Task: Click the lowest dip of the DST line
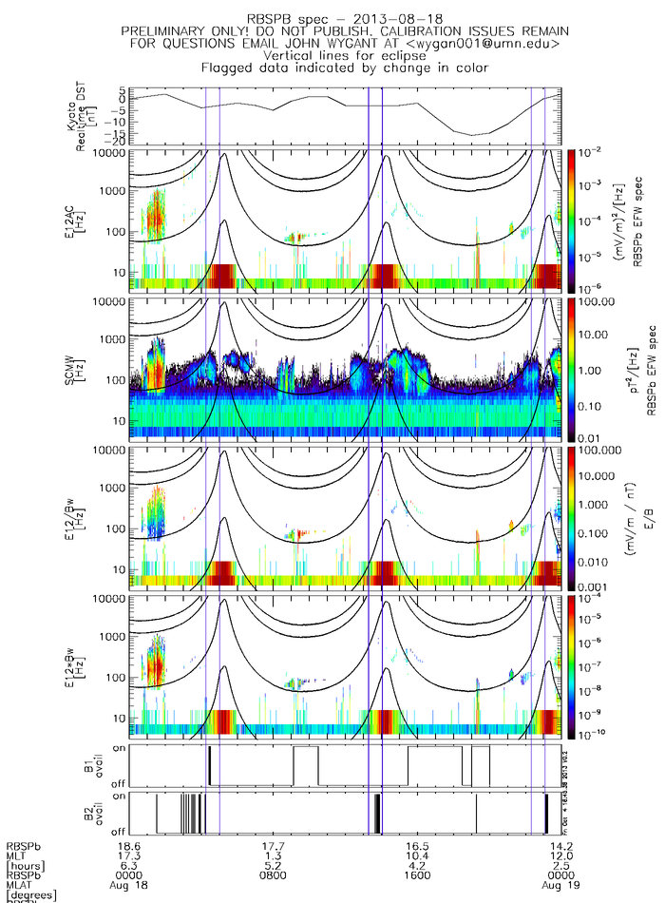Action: (x=472, y=134)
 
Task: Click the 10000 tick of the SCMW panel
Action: (x=112, y=301)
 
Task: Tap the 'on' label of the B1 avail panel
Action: (x=119, y=749)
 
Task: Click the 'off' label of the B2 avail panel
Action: (x=119, y=832)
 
